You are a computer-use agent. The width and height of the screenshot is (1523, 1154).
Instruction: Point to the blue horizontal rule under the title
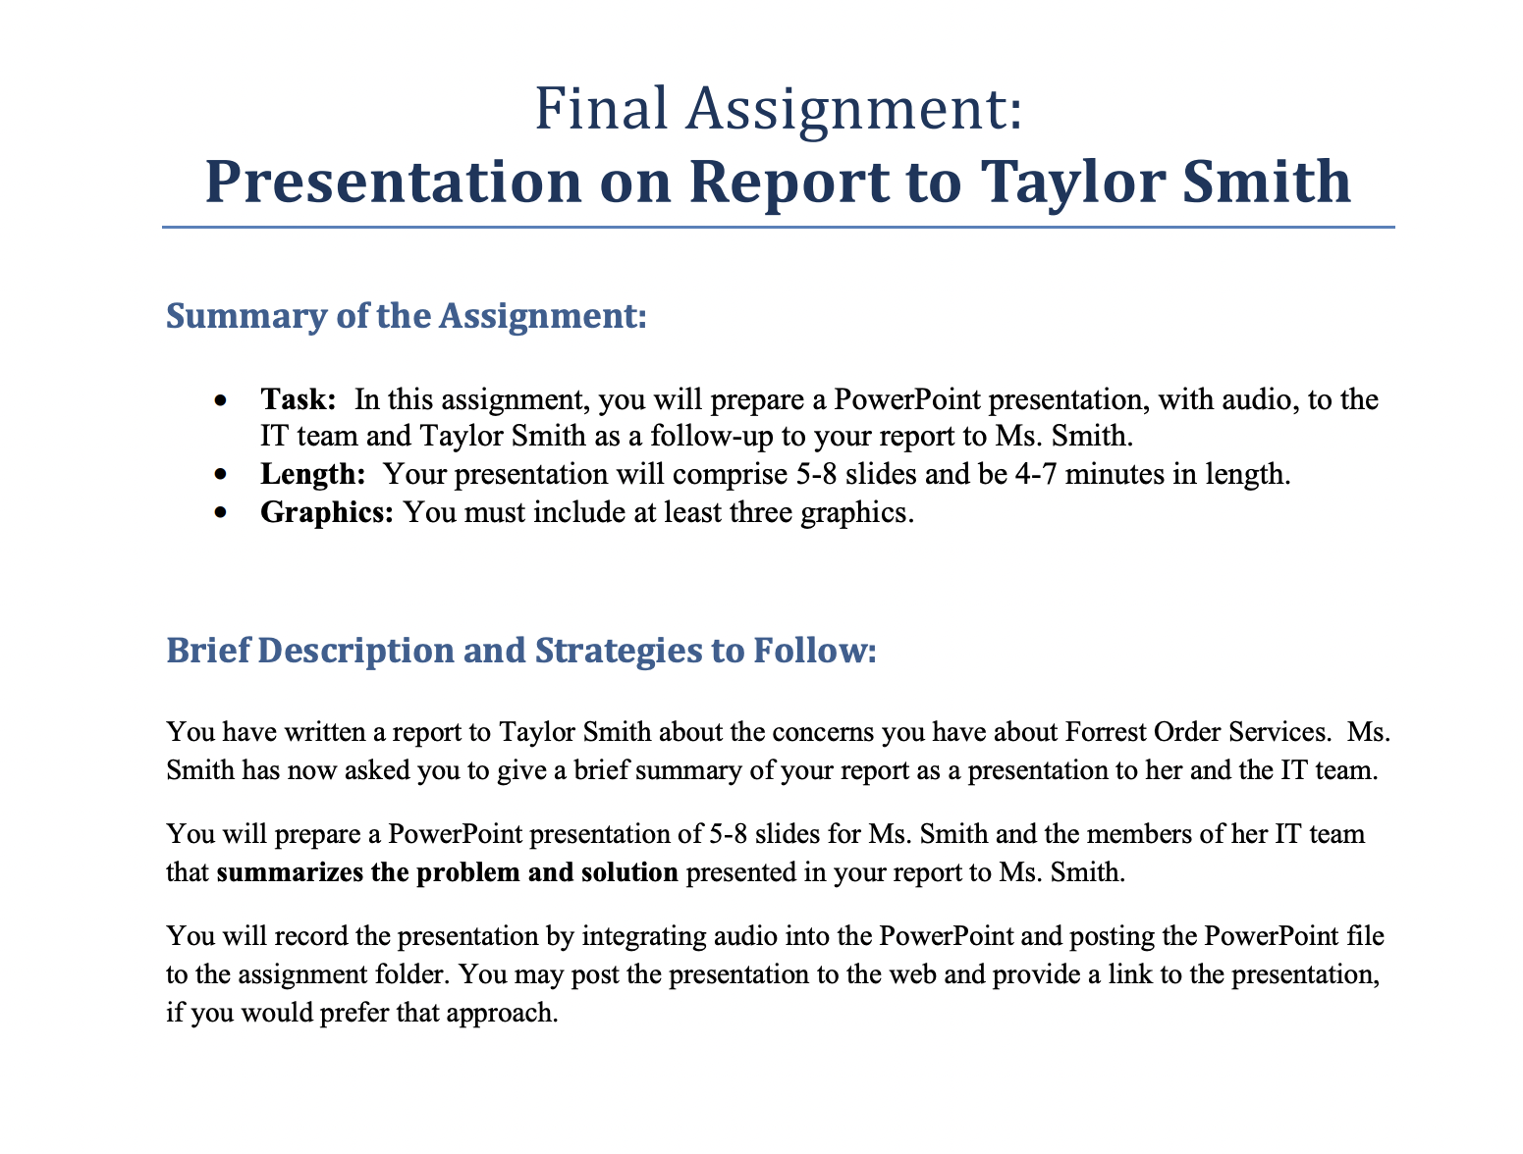pos(779,228)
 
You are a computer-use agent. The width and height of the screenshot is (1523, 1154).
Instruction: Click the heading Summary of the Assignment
pos(407,317)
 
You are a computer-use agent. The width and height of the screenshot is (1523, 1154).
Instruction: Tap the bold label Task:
pos(299,399)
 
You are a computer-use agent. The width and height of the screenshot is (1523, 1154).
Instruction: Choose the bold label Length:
pos(312,475)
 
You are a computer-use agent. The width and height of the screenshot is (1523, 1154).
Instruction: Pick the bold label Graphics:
pos(327,512)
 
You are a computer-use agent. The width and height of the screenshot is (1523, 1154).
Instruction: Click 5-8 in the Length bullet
pos(814,475)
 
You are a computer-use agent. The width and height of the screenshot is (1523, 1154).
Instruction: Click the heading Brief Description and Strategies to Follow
pos(520,651)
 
